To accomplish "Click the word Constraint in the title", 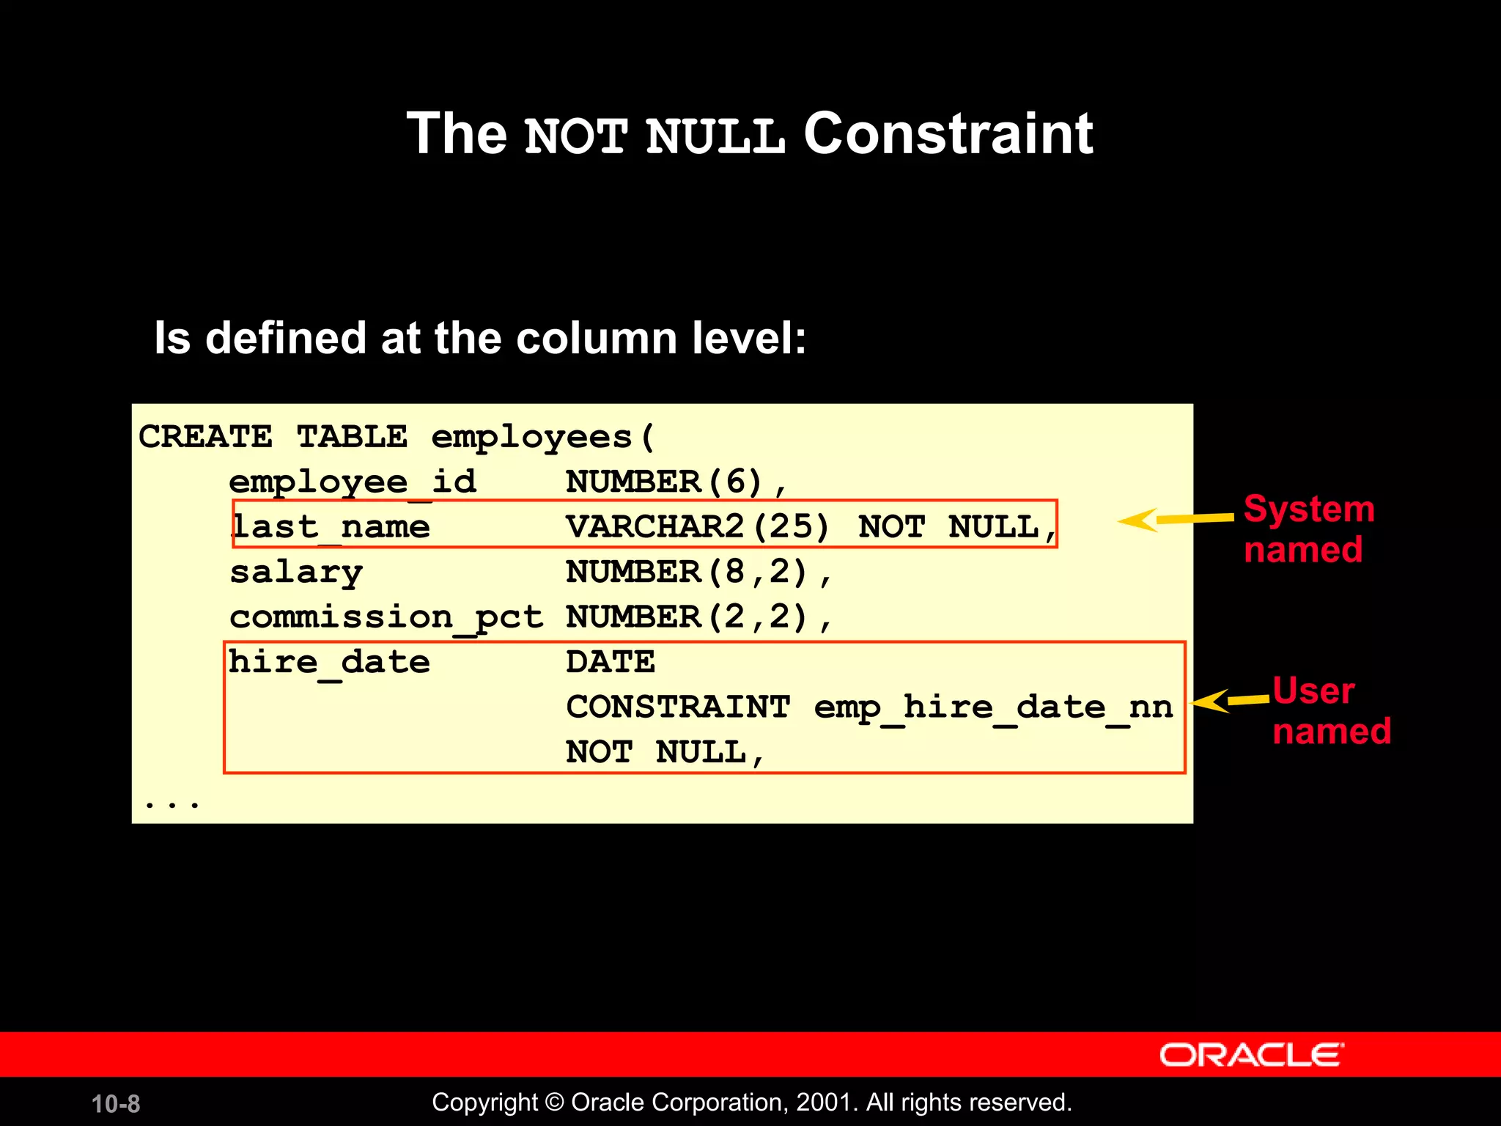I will (948, 134).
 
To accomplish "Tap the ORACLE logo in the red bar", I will (1251, 1055).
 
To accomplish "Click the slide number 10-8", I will (116, 1103).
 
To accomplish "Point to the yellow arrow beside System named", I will (1175, 519).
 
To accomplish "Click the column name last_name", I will (331, 526).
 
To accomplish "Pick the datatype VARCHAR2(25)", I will (697, 526).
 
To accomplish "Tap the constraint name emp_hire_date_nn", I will (993, 707).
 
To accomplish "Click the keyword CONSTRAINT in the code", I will (678, 707).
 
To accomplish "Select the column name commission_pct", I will (386, 617).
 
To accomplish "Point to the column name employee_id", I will (353, 482).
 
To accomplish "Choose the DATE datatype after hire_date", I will (610, 662).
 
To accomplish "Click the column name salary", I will (296, 572).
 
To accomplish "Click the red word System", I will (1309, 509).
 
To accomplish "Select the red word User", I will (1313, 691).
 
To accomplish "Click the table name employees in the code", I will (531, 438).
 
